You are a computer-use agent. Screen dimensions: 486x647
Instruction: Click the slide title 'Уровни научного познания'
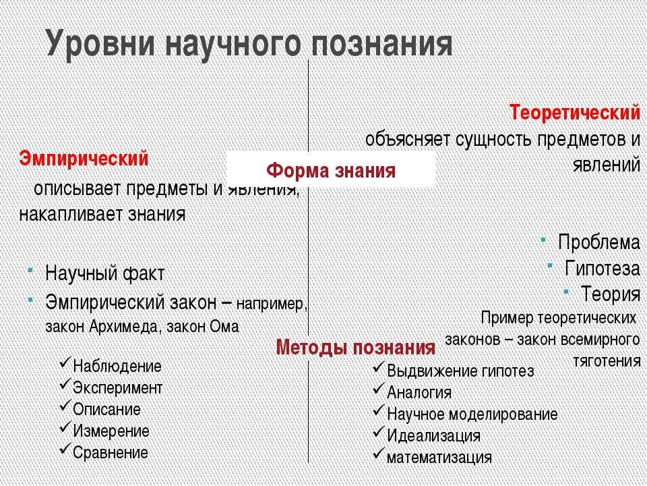click(249, 44)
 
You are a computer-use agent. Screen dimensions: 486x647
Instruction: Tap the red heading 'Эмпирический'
click(84, 159)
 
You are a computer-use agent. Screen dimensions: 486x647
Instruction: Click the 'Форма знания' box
click(331, 170)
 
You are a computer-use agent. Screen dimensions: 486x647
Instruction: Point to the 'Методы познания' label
click(356, 348)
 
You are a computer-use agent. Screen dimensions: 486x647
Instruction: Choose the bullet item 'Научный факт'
click(104, 274)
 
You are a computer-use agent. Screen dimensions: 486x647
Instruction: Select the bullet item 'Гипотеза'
click(603, 268)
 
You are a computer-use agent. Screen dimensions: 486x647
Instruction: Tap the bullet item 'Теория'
click(611, 294)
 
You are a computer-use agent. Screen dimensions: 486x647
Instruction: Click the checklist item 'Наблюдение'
click(117, 367)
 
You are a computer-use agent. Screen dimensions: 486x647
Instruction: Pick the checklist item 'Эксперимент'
click(117, 388)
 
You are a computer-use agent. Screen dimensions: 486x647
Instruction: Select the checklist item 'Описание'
click(106, 410)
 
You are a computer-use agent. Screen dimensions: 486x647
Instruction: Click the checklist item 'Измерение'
click(111, 431)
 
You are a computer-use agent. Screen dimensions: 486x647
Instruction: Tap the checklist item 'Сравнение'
click(110, 452)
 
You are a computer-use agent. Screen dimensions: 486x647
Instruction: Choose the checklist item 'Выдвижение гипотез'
click(460, 371)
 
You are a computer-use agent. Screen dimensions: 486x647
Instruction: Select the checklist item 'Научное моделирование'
click(472, 414)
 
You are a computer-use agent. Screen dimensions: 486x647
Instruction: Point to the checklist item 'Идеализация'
click(433, 435)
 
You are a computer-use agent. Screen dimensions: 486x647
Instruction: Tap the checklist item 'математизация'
click(439, 457)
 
